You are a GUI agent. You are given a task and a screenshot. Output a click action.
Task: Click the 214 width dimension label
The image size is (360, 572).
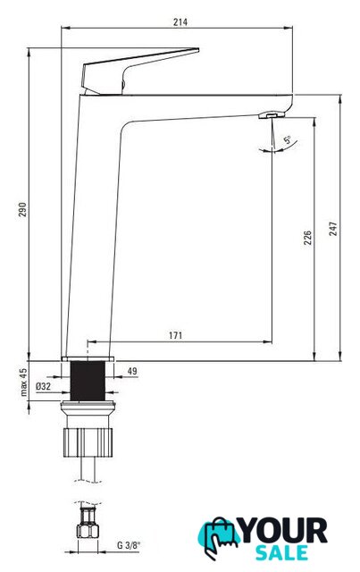point(180,22)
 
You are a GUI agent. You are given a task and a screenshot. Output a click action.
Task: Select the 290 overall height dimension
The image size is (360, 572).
point(22,210)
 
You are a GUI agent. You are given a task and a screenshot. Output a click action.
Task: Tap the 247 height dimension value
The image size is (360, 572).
point(333,229)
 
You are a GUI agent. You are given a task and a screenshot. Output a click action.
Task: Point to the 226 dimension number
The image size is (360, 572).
point(308,238)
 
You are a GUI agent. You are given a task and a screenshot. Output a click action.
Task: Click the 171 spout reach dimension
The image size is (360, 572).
point(175,335)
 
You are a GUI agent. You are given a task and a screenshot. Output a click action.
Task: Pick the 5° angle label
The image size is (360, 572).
point(288,139)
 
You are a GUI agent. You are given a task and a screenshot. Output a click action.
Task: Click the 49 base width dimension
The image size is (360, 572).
point(132,371)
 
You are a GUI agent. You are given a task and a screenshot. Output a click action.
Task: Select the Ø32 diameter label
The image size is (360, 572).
point(43,386)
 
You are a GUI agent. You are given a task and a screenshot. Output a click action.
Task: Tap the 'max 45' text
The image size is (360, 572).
point(23,382)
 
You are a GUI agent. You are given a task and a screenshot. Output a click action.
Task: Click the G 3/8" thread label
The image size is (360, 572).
point(129,545)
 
